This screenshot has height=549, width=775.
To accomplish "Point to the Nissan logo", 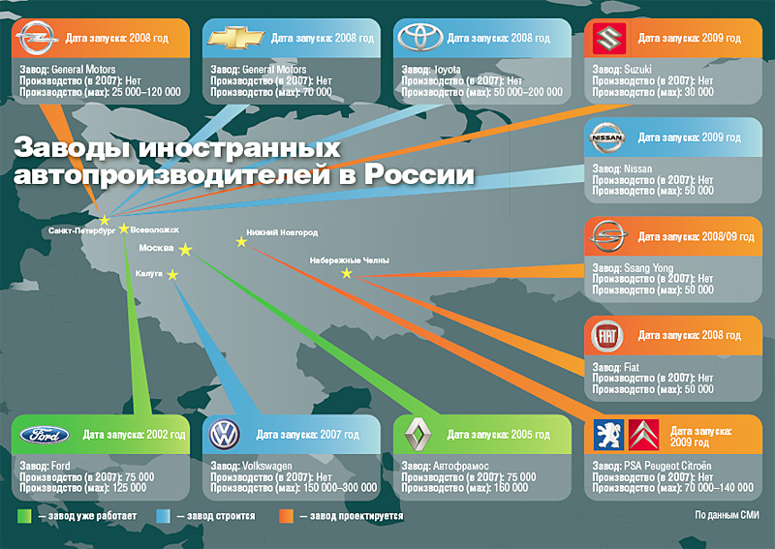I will tap(611, 138).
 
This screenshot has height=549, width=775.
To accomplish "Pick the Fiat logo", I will tap(611, 337).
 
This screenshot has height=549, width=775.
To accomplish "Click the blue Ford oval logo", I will tap(44, 435).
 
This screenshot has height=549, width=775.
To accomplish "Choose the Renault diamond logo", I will tap(417, 435).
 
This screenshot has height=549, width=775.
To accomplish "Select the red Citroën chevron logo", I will tap(644, 435).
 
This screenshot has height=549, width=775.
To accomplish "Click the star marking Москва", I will tap(186, 251).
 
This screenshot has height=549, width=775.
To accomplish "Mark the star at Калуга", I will tap(172, 275).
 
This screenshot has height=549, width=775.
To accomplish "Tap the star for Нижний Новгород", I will tap(240, 241).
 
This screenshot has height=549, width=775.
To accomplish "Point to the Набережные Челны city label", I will tap(349, 260).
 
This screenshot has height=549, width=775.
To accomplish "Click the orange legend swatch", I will tap(286, 516).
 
